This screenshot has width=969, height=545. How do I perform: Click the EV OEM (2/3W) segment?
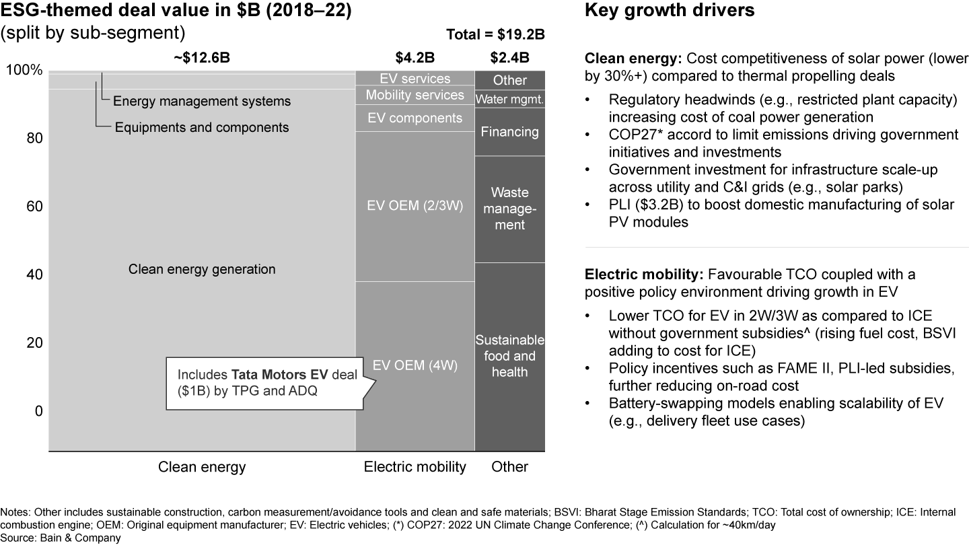pos(415,206)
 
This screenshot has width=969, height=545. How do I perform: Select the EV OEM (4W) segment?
pos(415,365)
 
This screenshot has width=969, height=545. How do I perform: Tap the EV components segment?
pos(415,118)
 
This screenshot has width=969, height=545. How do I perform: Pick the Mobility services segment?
pos(415,95)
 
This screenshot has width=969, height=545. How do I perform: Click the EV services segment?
pos(415,78)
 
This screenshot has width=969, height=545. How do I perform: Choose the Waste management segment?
pos(509,209)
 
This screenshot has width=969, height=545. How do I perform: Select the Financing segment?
pos(509,131)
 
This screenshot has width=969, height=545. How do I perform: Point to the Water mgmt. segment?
pos(509,99)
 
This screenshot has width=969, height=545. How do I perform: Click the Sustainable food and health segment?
pos(509,356)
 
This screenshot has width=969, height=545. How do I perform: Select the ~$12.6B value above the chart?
pos(202,57)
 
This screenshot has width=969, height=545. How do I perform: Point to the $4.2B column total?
pos(415,57)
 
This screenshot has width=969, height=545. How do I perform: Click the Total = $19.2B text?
pos(495,36)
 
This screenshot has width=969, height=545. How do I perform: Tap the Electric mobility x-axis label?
pos(415,467)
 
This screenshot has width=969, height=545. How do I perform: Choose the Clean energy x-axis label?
pos(202,467)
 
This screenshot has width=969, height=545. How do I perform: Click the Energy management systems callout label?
pos(202,102)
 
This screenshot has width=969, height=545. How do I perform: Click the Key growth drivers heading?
pos(670,11)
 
